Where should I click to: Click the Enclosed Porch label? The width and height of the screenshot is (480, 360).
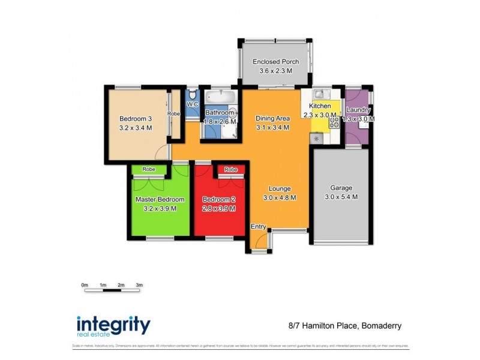coord(275,62)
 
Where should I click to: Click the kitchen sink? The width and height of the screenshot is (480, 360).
coord(319,94)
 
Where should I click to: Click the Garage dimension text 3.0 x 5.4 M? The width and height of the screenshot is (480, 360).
coord(341,197)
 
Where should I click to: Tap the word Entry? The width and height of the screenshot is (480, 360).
coord(258,226)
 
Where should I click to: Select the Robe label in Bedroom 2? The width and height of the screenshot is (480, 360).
coord(230,170)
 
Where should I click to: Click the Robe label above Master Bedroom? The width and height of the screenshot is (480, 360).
coord(149,169)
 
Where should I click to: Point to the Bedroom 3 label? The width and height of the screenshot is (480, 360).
coord(135,118)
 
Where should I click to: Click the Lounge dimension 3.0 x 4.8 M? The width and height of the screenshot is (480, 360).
coord(280,197)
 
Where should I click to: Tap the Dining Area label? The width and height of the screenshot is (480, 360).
coord(272,118)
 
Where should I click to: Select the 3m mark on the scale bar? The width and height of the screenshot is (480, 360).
coord(139,285)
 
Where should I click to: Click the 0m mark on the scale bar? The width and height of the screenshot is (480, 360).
coord(85,285)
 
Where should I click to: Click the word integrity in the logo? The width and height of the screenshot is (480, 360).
coord(113,324)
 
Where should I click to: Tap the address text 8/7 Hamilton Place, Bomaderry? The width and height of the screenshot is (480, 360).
coord(341,326)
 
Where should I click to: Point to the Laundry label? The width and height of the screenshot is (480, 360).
coord(358,110)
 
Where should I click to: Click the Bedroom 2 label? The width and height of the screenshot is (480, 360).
coord(218,199)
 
